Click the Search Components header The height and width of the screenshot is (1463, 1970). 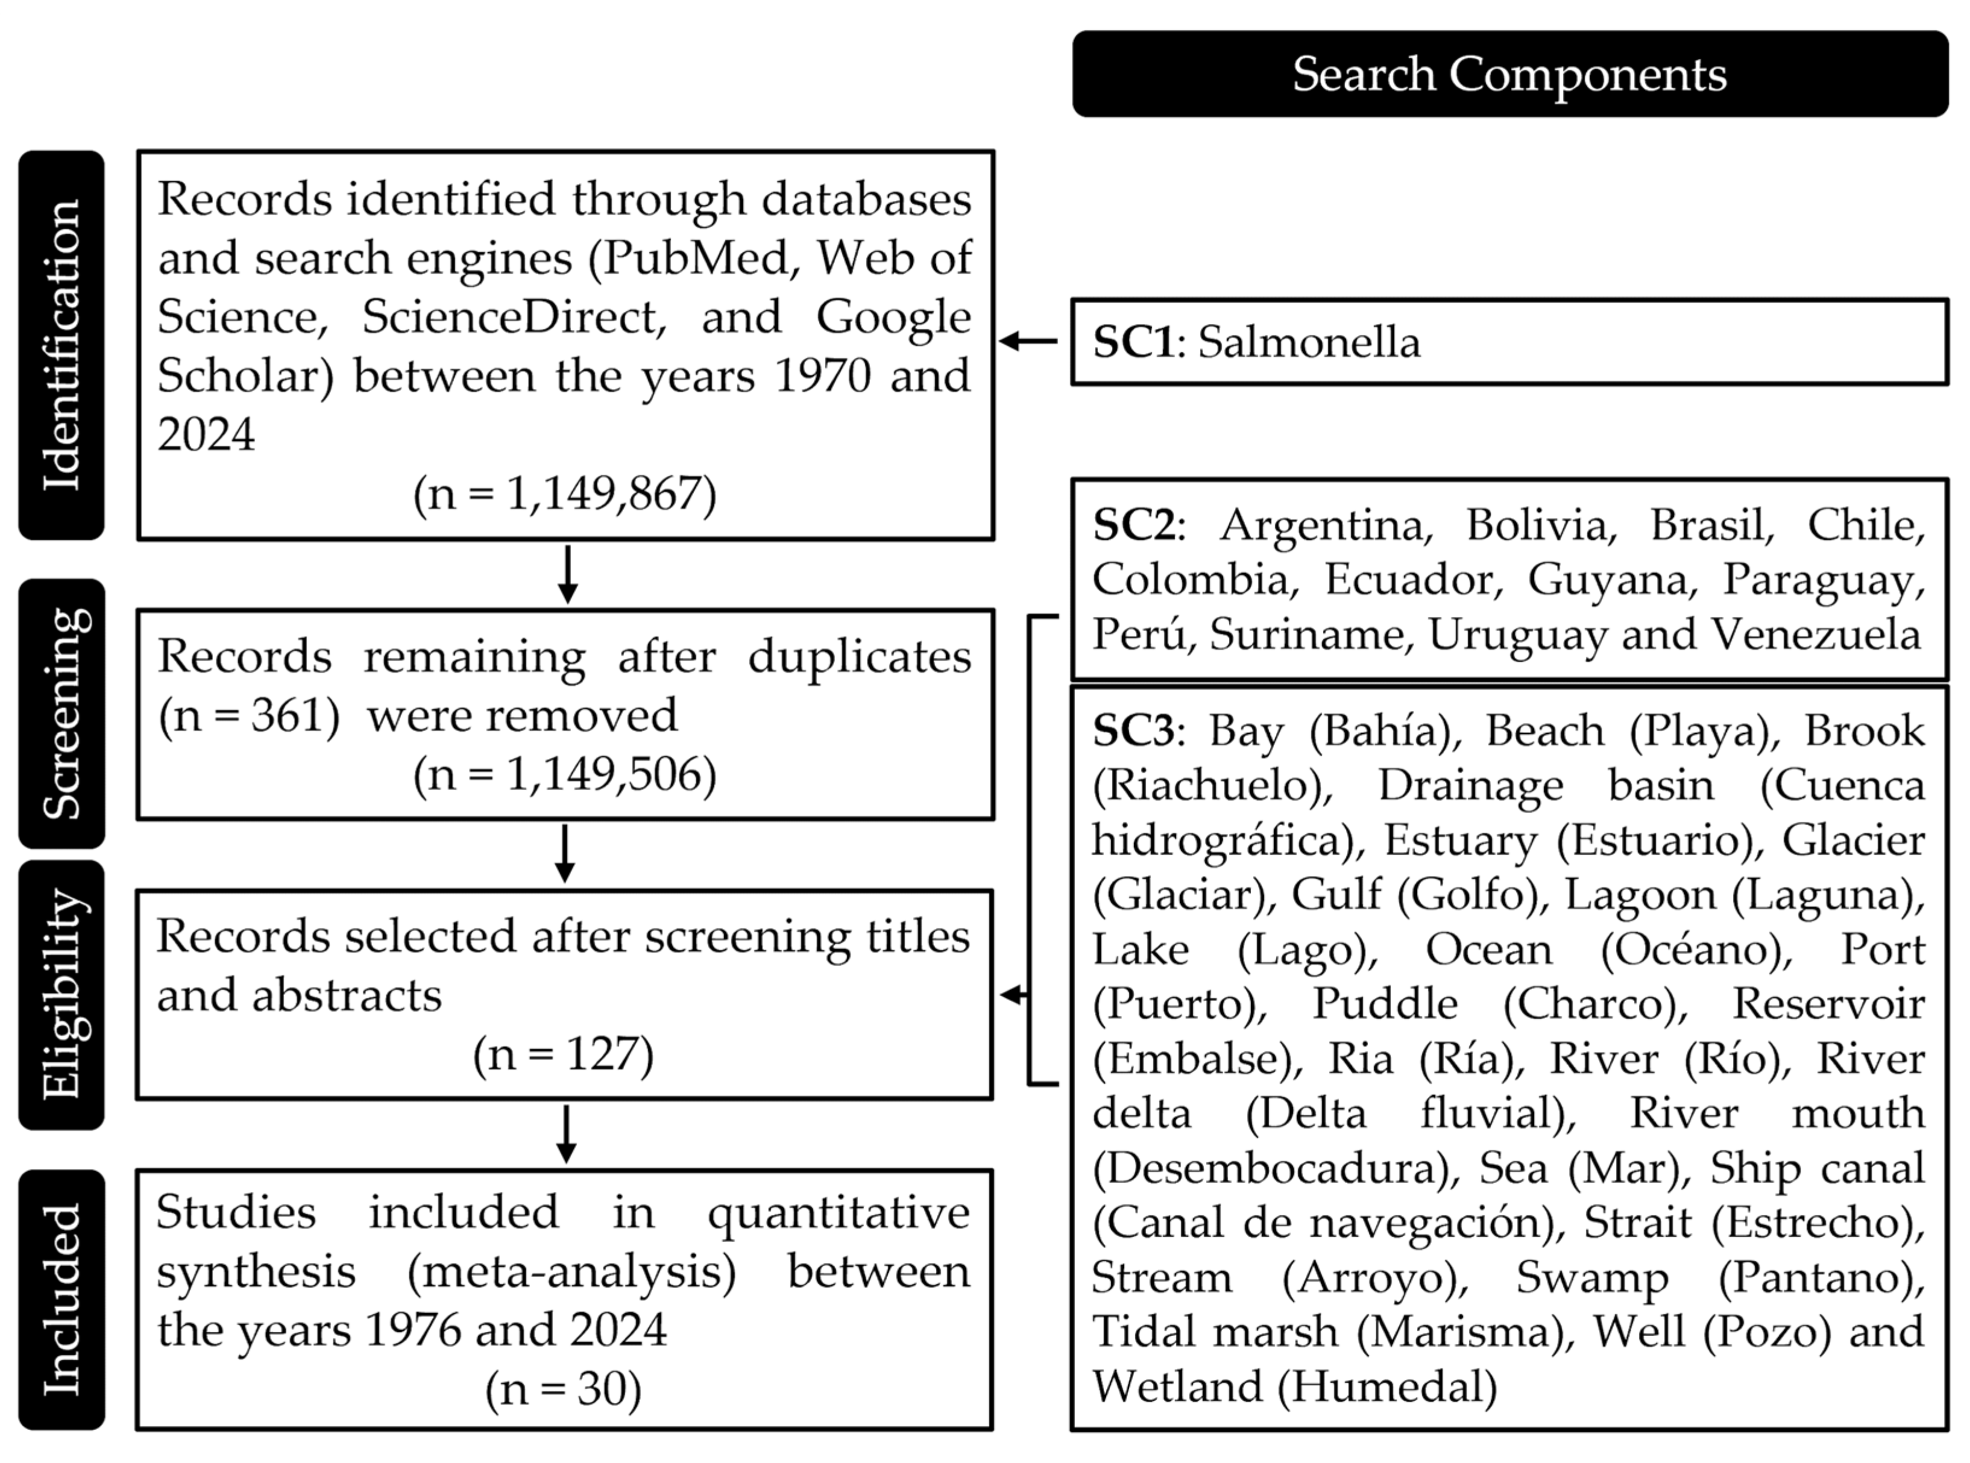pos(1509,74)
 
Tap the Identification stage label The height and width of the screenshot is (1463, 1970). pos(62,345)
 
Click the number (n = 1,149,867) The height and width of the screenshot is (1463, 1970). pos(564,493)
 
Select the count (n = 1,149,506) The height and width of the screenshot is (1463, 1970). pos(564,774)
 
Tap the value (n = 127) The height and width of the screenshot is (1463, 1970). pos(564,1054)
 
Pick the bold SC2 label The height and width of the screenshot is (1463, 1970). pos(1134,525)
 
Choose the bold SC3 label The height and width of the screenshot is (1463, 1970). pos(1134,731)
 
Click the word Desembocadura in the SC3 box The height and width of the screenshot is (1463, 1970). pos(1276,1169)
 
